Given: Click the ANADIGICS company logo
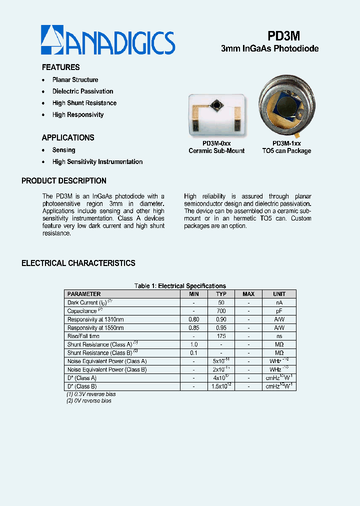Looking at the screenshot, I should [x=107, y=41].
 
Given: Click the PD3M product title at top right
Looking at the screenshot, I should [x=283, y=35].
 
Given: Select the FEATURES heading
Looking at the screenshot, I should [x=60, y=67].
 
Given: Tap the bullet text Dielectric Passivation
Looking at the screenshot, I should [x=82, y=91].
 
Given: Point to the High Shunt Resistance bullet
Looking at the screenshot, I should [x=84, y=103].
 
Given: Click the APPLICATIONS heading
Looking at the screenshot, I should [x=67, y=138].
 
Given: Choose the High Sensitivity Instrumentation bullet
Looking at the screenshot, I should [x=97, y=162].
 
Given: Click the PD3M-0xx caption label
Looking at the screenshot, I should [x=216, y=143].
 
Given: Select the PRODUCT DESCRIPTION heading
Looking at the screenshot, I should [x=64, y=181].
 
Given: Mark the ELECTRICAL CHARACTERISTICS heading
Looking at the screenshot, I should [x=78, y=263].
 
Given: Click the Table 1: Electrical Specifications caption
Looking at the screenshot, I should [x=180, y=286].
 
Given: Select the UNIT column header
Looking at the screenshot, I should [x=279, y=294].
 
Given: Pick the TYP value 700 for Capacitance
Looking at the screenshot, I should [x=221, y=311].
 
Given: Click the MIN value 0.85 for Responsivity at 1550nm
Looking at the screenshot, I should [x=194, y=328].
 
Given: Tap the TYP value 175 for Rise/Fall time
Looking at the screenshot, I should [x=221, y=336].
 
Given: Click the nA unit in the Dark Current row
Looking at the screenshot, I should [x=279, y=302].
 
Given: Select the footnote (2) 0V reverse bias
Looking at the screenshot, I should [x=89, y=401].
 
